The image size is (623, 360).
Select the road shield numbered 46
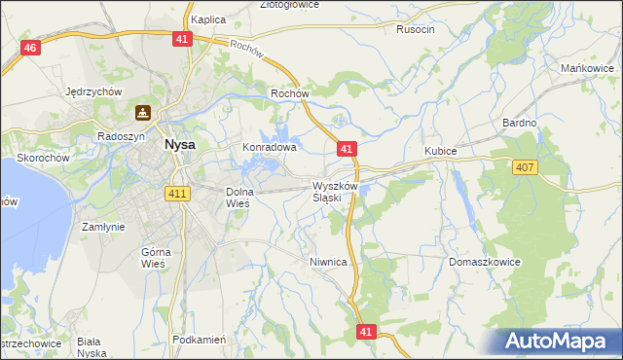click(30, 48)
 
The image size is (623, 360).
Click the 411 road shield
click(177, 195)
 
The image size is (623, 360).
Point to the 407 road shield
click(525, 167)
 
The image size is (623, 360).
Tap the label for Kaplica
click(208, 19)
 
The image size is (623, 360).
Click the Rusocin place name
click(416, 29)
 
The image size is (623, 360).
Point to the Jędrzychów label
click(92, 91)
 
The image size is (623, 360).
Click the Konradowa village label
click(269, 148)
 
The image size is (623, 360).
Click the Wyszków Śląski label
click(335, 191)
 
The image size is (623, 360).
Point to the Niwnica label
click(328, 262)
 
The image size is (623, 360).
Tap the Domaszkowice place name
click(485, 263)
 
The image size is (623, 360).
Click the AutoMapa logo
click(558, 341)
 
